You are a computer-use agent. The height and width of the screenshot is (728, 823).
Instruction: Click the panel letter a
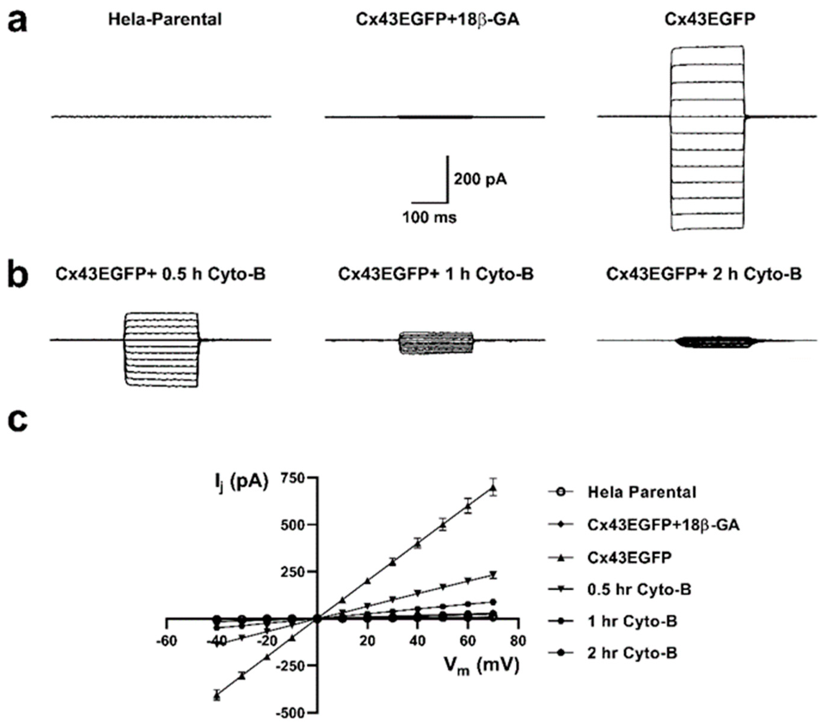coord(18,21)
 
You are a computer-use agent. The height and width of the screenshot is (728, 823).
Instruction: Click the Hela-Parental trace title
coord(165,19)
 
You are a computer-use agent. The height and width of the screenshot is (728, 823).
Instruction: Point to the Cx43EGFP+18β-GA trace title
coord(437,19)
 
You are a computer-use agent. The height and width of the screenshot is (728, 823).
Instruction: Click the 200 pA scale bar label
coord(480,179)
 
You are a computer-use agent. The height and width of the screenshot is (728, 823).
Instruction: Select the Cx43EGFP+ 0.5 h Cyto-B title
coord(160,274)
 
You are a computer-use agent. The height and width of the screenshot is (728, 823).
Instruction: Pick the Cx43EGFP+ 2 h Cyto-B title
coord(704,274)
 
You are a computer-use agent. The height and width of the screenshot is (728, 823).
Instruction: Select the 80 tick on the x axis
coord(518,640)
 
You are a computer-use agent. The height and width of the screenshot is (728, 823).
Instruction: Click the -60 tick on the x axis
coord(166,640)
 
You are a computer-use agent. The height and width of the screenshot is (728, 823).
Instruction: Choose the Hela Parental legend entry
coord(642,492)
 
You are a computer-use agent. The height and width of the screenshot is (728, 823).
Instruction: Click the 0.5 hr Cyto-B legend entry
coord(639,589)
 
